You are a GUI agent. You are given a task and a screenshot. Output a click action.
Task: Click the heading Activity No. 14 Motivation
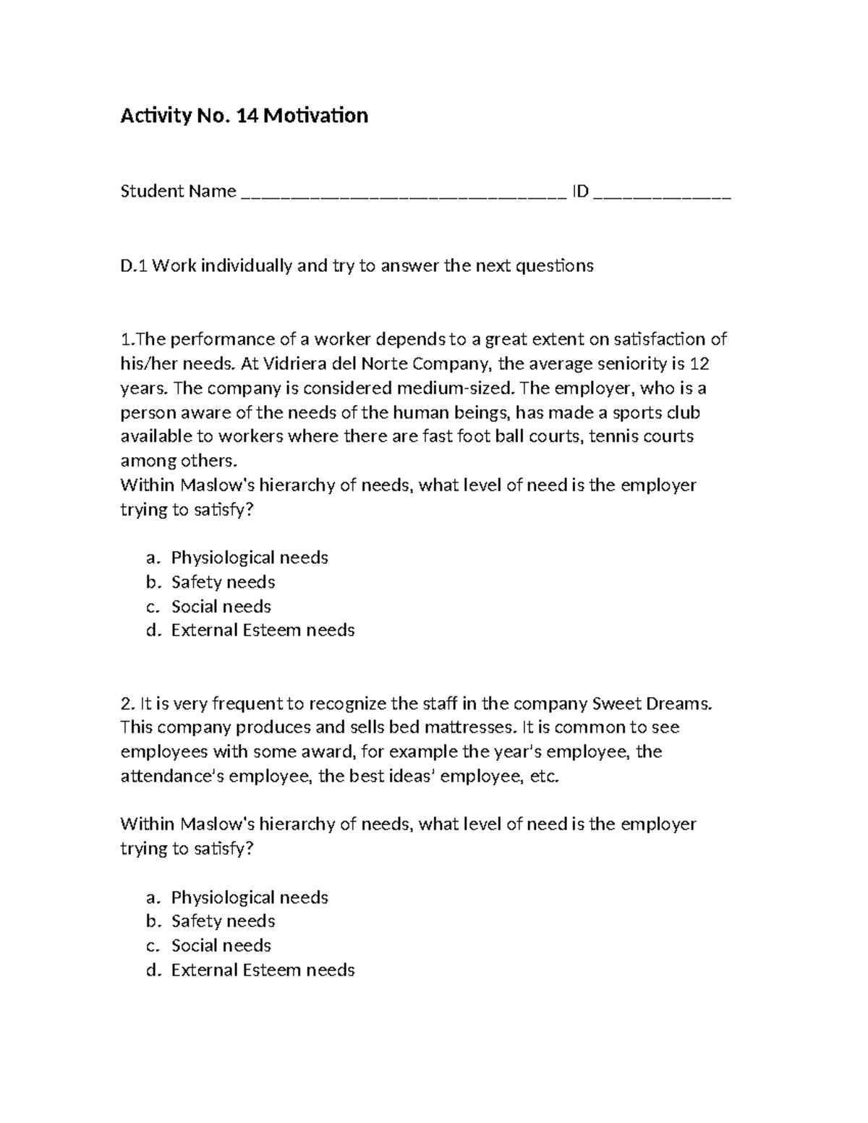click(244, 116)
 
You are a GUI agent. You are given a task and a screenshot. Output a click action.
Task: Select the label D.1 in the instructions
click(134, 266)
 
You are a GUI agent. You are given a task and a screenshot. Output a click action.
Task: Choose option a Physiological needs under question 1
click(249, 558)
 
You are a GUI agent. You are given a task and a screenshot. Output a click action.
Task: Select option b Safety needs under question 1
click(223, 582)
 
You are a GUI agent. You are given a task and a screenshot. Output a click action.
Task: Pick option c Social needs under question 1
click(221, 606)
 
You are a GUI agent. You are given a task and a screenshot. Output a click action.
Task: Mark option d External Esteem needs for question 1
click(263, 631)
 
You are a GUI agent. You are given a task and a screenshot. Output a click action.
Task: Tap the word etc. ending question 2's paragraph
click(545, 777)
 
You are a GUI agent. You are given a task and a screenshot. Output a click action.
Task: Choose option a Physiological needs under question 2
click(249, 897)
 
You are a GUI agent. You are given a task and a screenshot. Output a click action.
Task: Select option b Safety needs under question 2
click(223, 921)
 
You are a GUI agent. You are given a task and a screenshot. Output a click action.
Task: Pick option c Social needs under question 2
click(221, 946)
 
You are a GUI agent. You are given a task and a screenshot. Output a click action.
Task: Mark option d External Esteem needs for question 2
click(263, 970)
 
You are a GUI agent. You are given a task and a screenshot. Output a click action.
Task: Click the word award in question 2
click(326, 752)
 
